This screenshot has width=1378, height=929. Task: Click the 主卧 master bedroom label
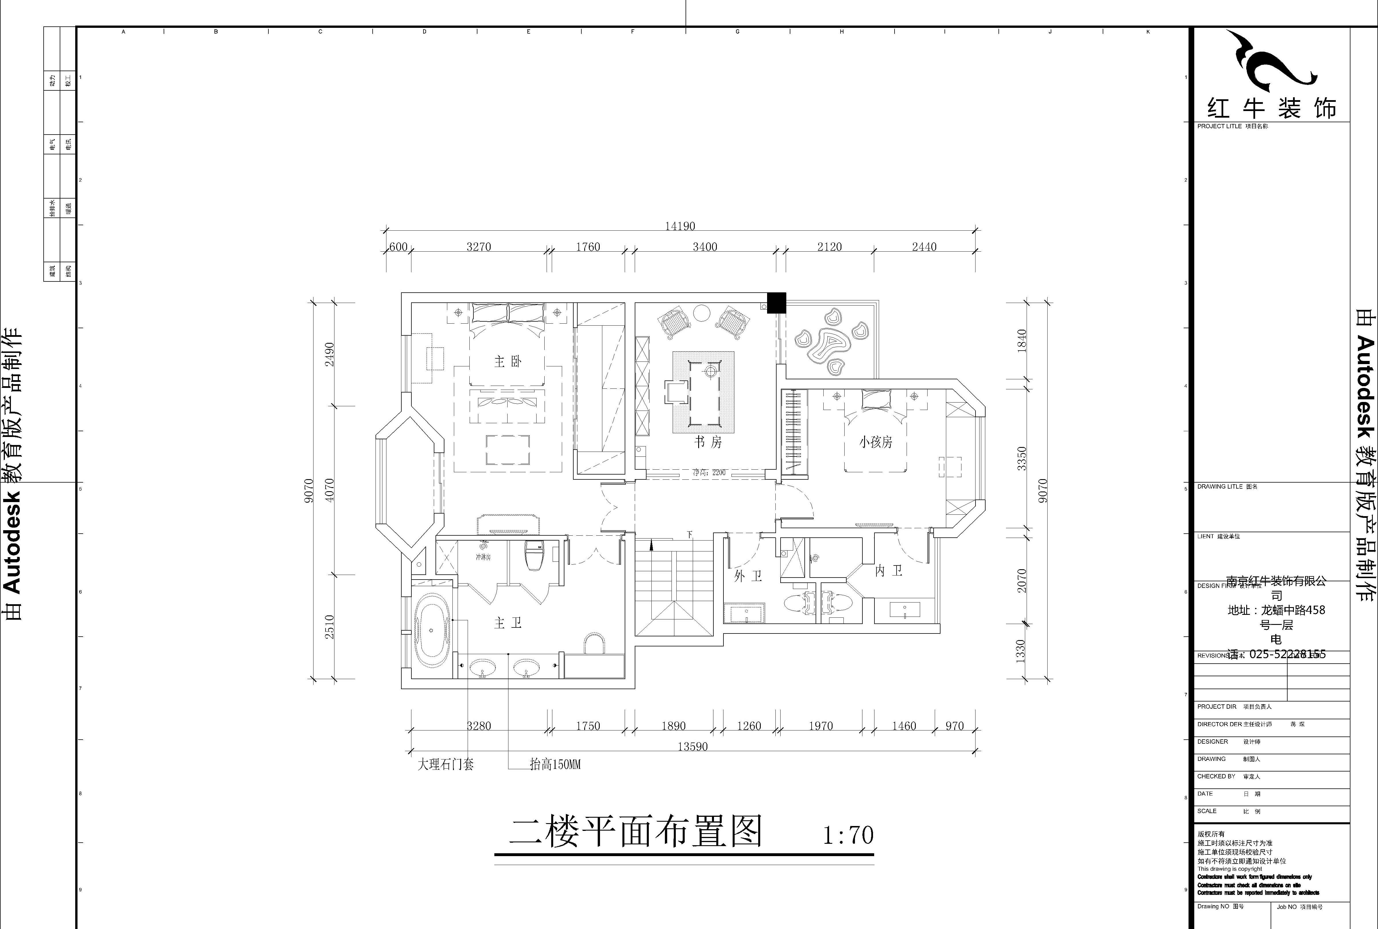click(508, 362)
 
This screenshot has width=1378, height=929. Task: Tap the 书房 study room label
click(708, 442)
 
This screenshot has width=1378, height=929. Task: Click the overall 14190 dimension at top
click(680, 226)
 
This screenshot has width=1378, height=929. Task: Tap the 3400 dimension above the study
click(705, 247)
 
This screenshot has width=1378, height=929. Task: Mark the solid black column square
click(777, 303)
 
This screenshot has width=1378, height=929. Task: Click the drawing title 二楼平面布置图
click(636, 832)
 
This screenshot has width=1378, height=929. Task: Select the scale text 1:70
click(848, 835)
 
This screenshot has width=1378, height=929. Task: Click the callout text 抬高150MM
click(555, 765)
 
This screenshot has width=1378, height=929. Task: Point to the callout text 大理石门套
click(446, 765)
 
